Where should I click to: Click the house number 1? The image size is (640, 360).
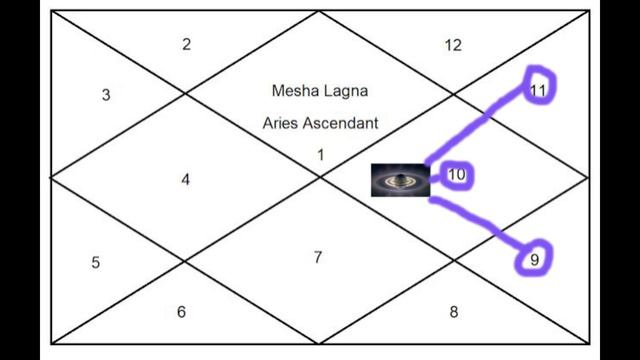pyautogui.click(x=320, y=154)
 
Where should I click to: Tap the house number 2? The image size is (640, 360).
pyautogui.click(x=186, y=44)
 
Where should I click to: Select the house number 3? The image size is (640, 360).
pyautogui.click(x=106, y=95)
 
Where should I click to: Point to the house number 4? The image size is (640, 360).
pyautogui.click(x=185, y=180)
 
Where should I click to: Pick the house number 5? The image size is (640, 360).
pyautogui.click(x=95, y=263)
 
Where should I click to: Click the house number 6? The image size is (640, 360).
pyautogui.click(x=181, y=312)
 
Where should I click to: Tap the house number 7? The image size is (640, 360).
pyautogui.click(x=317, y=257)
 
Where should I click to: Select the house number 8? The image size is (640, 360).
pyautogui.click(x=454, y=312)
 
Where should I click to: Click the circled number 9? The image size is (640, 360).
pyautogui.click(x=535, y=260)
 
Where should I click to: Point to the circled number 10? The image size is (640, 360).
pyautogui.click(x=457, y=175)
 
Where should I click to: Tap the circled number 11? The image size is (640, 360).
pyautogui.click(x=538, y=89)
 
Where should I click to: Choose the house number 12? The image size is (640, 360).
pyautogui.click(x=453, y=44)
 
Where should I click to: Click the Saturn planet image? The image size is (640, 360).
pyautogui.click(x=400, y=180)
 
